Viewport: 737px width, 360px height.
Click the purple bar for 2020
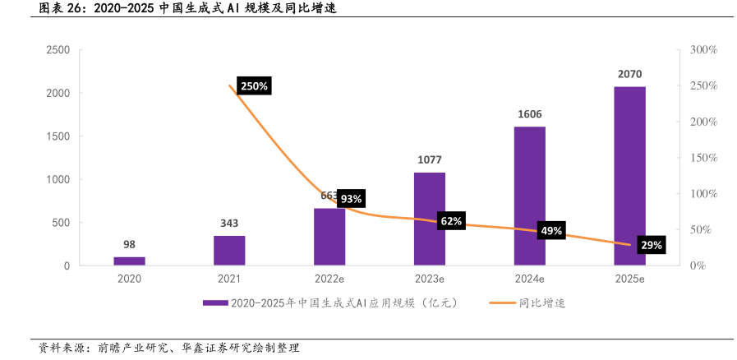coord(129,261)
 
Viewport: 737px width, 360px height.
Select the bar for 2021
coord(229,250)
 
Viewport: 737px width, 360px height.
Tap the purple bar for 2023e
coord(429,219)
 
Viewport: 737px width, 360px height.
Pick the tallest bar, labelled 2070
coord(629,176)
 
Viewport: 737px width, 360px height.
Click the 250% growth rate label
coord(254,86)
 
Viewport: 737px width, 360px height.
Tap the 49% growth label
coord(551,231)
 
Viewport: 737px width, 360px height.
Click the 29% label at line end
coord(652,245)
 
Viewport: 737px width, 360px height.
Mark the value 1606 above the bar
coord(529,114)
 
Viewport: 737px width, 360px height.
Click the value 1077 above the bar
coord(429,159)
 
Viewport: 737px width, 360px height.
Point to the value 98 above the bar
coord(129,244)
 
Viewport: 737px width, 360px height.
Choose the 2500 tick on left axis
coord(57,50)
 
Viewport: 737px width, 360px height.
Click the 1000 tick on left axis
coord(57,179)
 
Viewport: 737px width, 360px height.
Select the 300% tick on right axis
coord(704,50)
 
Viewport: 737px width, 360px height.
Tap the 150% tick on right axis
coord(704,158)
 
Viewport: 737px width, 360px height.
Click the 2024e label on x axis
coord(529,279)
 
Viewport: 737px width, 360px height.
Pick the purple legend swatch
coord(215,303)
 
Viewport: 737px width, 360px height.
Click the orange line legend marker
coord(502,303)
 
